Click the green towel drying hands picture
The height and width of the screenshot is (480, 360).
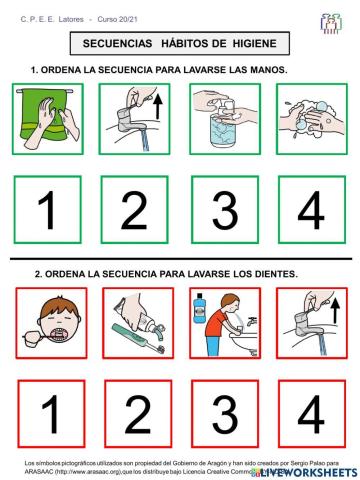click(x=48, y=118)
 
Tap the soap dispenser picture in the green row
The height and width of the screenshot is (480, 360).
click(x=226, y=118)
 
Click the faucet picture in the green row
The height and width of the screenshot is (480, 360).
click(x=137, y=118)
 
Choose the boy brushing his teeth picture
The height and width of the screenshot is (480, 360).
click(x=48, y=322)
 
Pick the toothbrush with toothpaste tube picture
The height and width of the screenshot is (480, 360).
click(x=137, y=322)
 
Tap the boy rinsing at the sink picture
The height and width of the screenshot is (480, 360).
click(x=226, y=322)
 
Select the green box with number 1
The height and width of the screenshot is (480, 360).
click(x=48, y=210)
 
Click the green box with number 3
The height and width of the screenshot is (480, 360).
click(x=226, y=210)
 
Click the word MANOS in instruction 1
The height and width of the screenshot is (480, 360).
click(x=267, y=70)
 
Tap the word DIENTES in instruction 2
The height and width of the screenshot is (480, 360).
click(x=274, y=273)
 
